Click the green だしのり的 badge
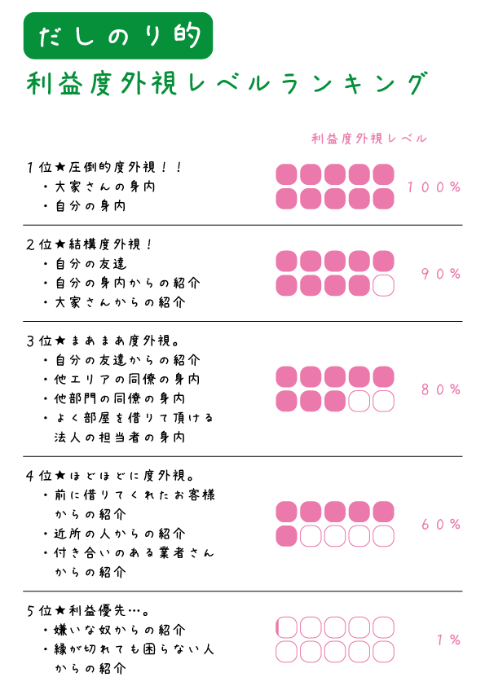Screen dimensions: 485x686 point(118,36)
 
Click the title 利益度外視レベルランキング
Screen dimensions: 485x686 point(227,83)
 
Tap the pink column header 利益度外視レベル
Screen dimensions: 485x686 point(369,139)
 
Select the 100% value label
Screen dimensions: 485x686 point(434,187)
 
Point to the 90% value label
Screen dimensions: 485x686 point(441,274)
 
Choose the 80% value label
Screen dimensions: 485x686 point(441,389)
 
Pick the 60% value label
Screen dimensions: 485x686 point(441,524)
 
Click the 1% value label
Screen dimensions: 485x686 point(448,640)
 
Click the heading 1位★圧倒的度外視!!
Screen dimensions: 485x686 point(104,167)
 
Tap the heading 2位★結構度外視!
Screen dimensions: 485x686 point(90,244)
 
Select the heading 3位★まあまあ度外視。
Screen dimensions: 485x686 point(103,341)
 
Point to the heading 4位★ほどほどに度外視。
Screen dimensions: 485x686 point(110,475)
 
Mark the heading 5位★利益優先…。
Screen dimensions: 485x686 point(88,610)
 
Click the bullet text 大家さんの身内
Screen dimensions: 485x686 point(105,187)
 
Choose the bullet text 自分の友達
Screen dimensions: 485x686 point(90,264)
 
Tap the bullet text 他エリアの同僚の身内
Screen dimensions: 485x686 point(127,379)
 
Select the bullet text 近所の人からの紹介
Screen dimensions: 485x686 point(120,534)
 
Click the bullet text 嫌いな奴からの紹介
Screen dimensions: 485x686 point(120,630)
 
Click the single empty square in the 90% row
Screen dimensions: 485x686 point(383,286)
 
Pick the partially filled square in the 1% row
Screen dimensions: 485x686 point(286,627)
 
